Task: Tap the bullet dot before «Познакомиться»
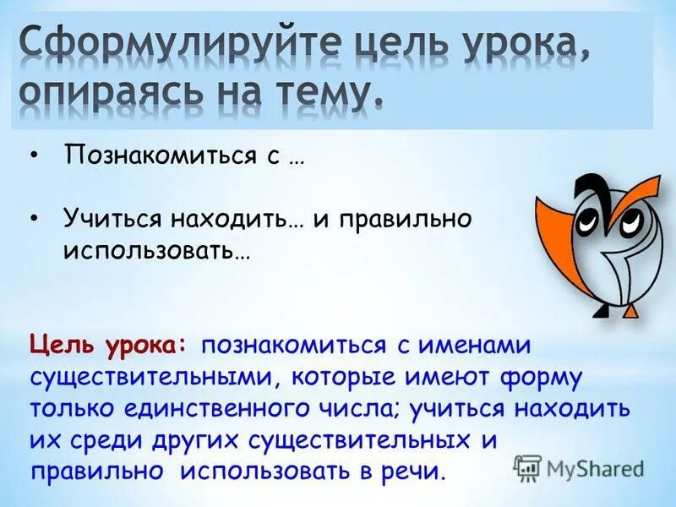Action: click(33, 153)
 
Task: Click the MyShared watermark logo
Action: click(579, 466)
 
